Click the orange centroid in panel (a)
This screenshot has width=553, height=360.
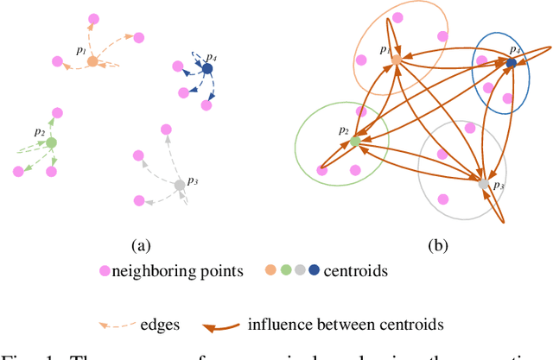click(x=92, y=61)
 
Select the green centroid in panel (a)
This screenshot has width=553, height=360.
click(x=51, y=142)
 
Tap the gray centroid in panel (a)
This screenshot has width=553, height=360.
click(x=179, y=185)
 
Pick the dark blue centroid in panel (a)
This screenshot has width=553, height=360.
click(x=207, y=68)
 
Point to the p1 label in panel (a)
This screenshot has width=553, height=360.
click(x=81, y=51)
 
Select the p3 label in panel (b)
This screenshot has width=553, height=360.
click(x=498, y=186)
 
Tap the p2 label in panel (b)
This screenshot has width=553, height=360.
click(x=343, y=131)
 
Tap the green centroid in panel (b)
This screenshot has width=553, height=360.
click(x=355, y=140)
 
